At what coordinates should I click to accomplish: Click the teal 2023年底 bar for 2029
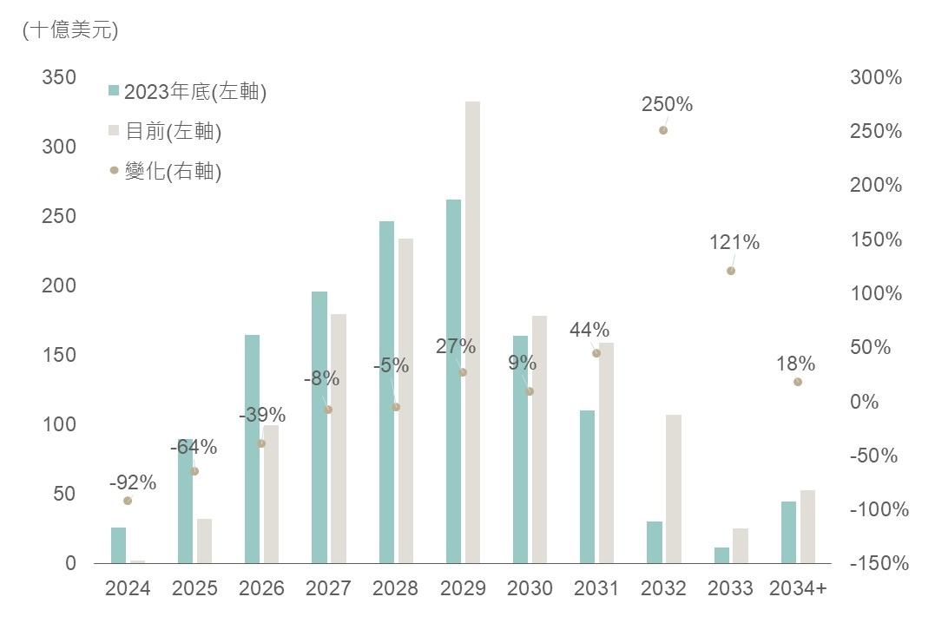click(x=453, y=382)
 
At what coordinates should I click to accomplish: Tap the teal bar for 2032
click(x=655, y=542)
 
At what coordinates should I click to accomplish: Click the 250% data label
click(x=667, y=105)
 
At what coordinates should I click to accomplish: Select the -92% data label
click(x=133, y=482)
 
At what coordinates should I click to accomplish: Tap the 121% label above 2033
click(x=734, y=243)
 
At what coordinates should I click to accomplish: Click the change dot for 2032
click(x=662, y=130)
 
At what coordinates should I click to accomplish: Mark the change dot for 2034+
click(x=798, y=382)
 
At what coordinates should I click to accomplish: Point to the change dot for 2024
click(x=128, y=501)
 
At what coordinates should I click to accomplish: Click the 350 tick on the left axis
click(x=59, y=77)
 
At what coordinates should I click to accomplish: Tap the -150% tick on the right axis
click(x=878, y=564)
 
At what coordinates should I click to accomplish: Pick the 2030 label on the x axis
click(x=530, y=588)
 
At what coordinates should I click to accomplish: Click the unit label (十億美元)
click(x=70, y=30)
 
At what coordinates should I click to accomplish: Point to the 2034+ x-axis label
click(x=798, y=588)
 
